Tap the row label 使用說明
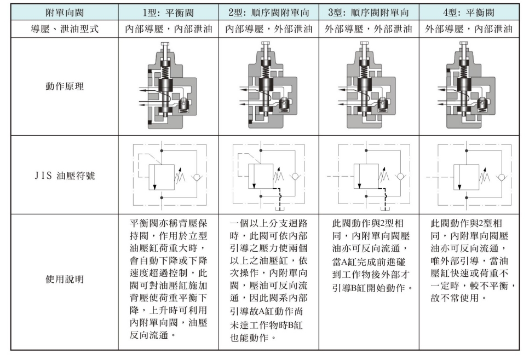[x=65, y=280]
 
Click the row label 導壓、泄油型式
[x=65, y=29]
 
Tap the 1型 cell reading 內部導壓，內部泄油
[x=168, y=29]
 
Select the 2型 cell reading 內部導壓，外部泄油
[x=268, y=29]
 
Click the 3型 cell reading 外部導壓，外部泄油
[x=369, y=29]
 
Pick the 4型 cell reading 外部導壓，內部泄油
[x=469, y=29]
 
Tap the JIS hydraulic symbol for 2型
[x=268, y=176]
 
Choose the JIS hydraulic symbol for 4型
[x=469, y=176]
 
